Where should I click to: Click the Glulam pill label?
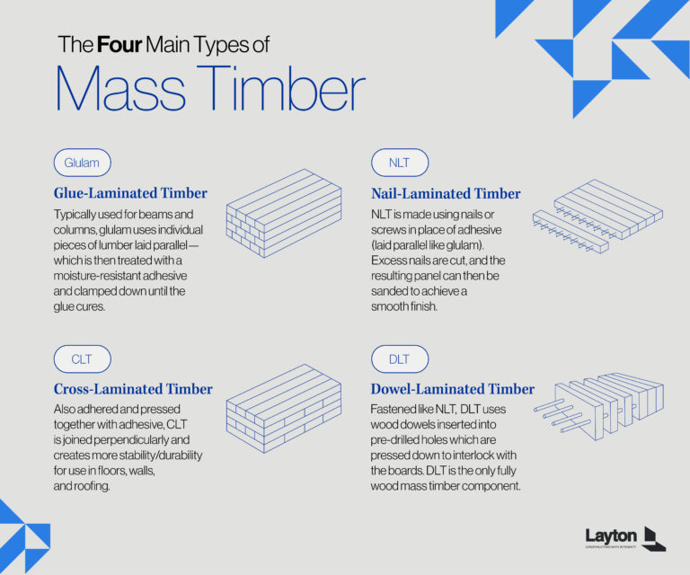[x=82, y=163]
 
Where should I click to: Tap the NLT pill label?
[x=399, y=163]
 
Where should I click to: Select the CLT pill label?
[x=82, y=359]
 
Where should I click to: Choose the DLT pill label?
[x=399, y=359]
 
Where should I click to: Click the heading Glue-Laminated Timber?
[x=130, y=193]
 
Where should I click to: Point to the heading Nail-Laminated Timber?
[x=446, y=193]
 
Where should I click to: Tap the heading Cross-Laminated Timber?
[x=133, y=389]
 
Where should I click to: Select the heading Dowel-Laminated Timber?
[x=453, y=389]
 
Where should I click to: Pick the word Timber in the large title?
[x=281, y=89]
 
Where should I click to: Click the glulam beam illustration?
[x=284, y=215]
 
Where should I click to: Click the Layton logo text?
[x=611, y=535]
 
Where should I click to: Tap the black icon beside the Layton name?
[x=654, y=537]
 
